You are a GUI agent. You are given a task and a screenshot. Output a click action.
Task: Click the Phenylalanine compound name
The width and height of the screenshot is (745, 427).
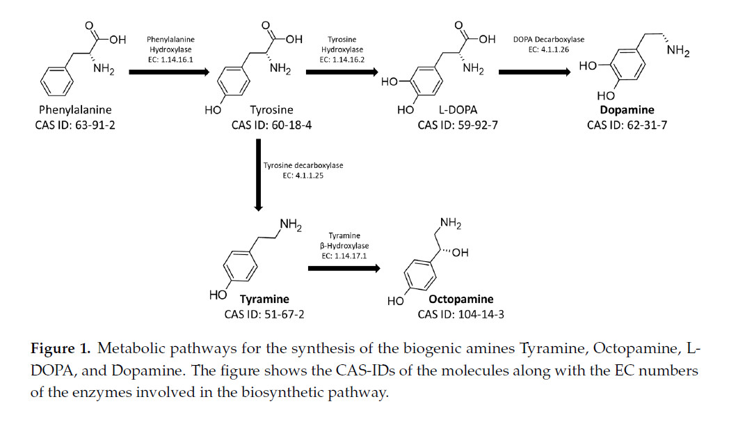point(75,110)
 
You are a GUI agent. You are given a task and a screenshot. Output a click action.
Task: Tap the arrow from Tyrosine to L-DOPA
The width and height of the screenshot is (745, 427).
point(341,71)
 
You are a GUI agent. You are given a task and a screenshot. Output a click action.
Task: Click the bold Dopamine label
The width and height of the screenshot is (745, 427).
point(627,110)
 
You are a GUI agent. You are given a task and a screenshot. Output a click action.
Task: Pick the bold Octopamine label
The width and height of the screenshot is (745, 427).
point(465,300)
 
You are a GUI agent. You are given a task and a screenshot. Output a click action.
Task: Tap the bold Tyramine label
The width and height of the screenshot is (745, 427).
point(264,299)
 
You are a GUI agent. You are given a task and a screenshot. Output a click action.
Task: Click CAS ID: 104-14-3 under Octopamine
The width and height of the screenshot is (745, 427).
point(461,314)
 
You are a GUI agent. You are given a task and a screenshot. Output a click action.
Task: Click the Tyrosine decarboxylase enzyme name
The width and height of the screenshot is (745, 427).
point(303,165)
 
